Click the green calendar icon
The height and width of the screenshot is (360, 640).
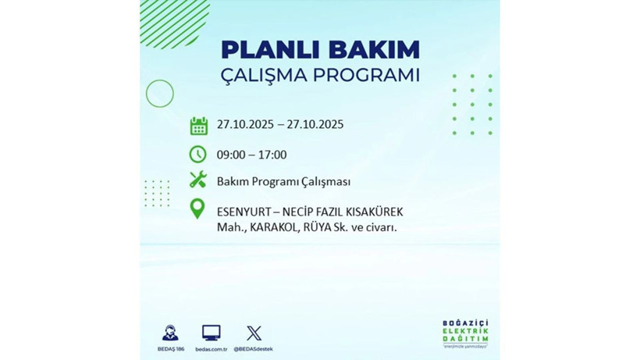click(199, 125)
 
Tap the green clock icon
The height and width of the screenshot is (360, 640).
click(198, 153)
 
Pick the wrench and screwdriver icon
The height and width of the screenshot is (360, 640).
click(198, 180)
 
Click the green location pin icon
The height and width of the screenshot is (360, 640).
click(198, 209)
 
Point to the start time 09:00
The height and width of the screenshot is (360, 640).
click(232, 155)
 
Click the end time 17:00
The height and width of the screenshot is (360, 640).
click(272, 155)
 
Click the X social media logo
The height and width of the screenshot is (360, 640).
click(254, 332)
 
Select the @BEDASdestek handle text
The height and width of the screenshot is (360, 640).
click(254, 348)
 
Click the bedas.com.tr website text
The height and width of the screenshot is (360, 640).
click(211, 348)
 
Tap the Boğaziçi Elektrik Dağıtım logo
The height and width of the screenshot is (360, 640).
click(464, 333)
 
